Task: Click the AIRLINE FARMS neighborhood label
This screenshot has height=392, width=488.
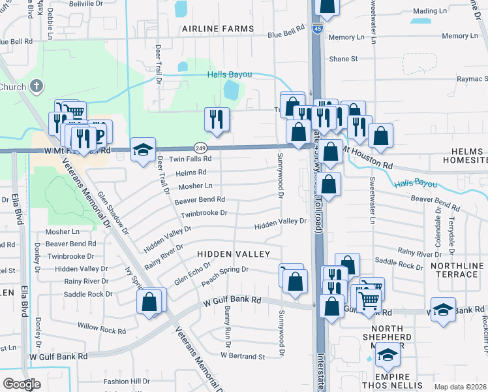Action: [218, 29]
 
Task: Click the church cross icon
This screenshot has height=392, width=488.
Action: [37, 86]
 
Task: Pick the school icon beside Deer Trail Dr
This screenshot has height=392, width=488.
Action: [144, 150]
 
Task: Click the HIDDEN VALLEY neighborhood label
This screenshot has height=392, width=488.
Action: [234, 253]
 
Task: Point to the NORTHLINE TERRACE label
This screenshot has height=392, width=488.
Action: [457, 270]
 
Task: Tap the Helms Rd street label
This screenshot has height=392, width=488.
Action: [191, 172]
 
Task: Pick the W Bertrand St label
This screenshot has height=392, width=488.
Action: [243, 357]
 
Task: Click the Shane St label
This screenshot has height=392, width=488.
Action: [344, 59]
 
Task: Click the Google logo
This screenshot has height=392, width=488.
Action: [21, 384]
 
